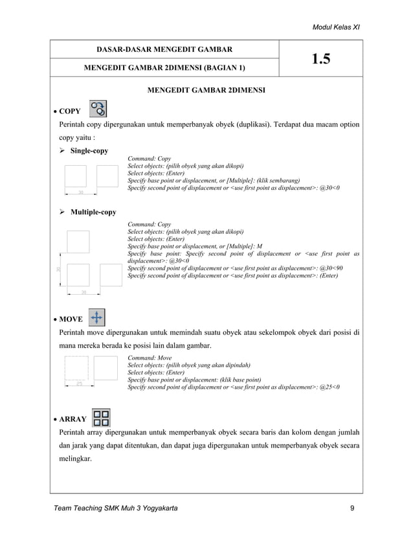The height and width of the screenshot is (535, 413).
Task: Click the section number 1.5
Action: [320, 59]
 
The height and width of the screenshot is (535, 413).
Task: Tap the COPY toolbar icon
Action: [98, 108]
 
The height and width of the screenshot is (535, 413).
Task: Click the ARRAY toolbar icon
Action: [100, 417]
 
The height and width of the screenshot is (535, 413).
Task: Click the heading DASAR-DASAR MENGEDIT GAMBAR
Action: [164, 49]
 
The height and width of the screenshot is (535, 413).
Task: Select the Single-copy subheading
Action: [89, 151]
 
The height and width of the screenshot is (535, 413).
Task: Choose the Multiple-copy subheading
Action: [93, 212]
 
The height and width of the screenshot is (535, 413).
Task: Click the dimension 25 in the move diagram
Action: [80, 384]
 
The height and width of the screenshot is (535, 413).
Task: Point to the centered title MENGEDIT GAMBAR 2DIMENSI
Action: [206, 90]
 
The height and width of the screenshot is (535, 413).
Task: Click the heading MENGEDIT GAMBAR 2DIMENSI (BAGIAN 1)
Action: [164, 67]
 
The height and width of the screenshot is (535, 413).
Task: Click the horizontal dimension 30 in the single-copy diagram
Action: [81, 192]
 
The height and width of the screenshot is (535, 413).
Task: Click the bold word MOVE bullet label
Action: [71, 319]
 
